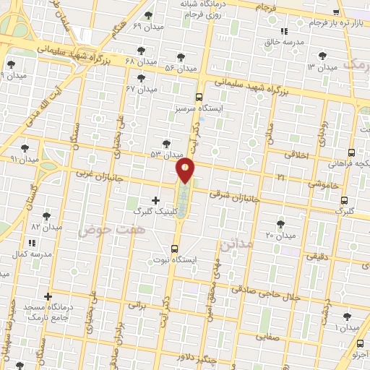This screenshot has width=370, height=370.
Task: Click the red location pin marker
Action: tap(186, 170)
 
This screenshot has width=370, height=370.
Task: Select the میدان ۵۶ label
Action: tap(180, 68)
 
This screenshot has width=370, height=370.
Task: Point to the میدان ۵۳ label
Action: tap(167, 155)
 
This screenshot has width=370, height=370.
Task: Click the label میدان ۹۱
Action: tap(24, 158)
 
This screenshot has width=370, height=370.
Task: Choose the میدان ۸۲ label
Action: tap(46, 226)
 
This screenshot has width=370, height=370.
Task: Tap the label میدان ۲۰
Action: tap(280, 235)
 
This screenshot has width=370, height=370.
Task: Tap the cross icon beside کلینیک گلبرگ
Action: tap(155, 200)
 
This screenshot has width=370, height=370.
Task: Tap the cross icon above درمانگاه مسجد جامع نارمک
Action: tap(48, 296)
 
